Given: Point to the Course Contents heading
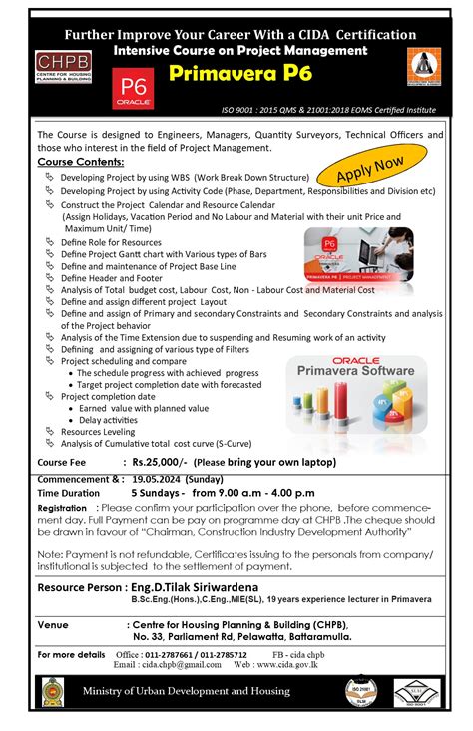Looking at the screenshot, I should click(x=81, y=161).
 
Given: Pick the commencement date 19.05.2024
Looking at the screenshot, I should click(x=164, y=478).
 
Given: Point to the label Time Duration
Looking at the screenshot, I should click(x=70, y=493).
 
